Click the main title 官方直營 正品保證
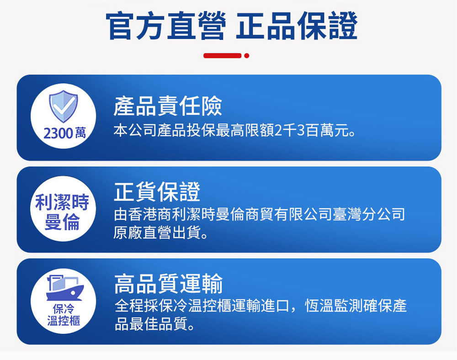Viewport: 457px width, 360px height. click(231, 26)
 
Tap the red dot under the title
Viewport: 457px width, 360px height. click(247, 56)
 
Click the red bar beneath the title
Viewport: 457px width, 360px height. click(223, 56)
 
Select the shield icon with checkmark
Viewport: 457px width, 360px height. click(64, 106)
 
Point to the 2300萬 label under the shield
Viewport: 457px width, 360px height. click(64, 133)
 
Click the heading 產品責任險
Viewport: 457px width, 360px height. click(168, 106)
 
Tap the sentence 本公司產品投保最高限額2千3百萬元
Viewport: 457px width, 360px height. click(234, 130)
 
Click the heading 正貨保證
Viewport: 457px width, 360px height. click(157, 191)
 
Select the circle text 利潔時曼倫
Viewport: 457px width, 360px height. click(62, 212)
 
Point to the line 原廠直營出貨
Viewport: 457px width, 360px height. click(161, 233)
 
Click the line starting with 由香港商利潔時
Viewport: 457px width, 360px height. click(259, 214)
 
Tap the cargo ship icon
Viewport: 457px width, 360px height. click(65, 288)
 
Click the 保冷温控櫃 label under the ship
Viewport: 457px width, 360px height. click(64, 315)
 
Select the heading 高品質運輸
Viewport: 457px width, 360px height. click(168, 284)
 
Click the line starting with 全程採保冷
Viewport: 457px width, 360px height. click(260, 306)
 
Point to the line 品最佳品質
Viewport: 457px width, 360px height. click(155, 324)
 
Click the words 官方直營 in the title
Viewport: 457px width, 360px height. click(165, 26)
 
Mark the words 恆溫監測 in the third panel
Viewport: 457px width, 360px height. click(334, 306)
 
